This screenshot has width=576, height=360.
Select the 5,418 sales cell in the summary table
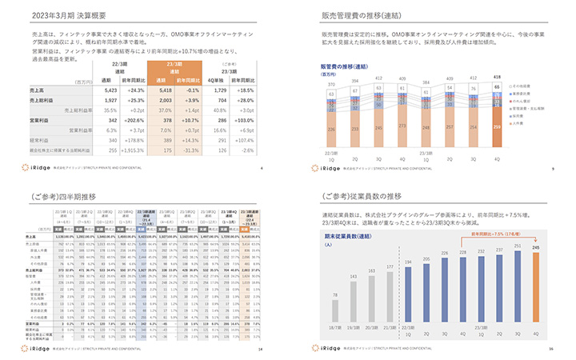tap(160, 92)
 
